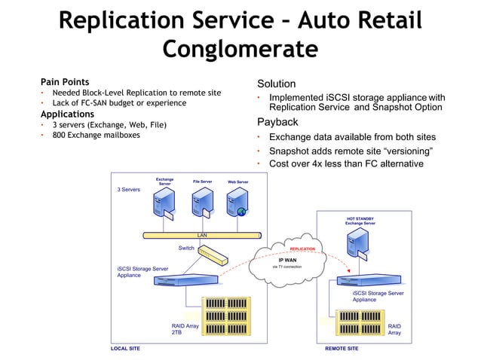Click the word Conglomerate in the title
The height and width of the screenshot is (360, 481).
(x=240, y=50)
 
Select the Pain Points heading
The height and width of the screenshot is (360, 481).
(x=65, y=81)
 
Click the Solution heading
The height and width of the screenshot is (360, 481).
(x=277, y=84)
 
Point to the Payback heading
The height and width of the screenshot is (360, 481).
(x=277, y=122)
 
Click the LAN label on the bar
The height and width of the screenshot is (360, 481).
(x=202, y=235)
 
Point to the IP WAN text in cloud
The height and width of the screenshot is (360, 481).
(x=287, y=260)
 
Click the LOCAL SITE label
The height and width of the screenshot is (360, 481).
(x=125, y=349)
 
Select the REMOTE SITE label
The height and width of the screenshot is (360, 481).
(x=342, y=349)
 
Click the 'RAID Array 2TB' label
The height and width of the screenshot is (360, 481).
(x=185, y=329)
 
